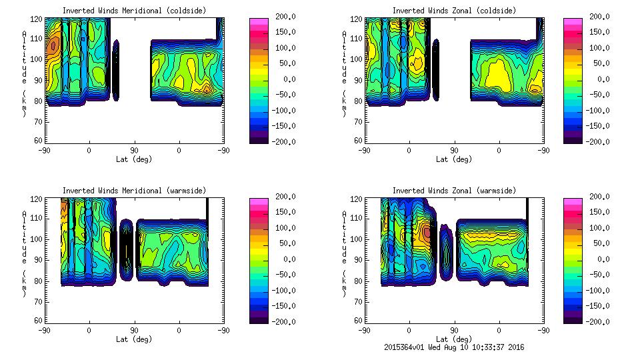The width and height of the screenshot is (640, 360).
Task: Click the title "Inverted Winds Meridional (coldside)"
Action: [134, 11]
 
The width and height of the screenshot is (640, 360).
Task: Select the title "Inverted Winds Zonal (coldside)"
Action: [454, 11]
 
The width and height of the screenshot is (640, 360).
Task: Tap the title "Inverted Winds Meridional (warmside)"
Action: [134, 191]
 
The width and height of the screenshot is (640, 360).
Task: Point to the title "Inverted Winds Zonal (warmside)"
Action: [454, 191]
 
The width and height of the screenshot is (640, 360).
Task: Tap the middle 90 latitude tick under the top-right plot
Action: [454, 150]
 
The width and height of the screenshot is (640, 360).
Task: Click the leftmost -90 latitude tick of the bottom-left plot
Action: [45, 330]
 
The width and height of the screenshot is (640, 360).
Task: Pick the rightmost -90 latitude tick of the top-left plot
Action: [224, 150]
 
